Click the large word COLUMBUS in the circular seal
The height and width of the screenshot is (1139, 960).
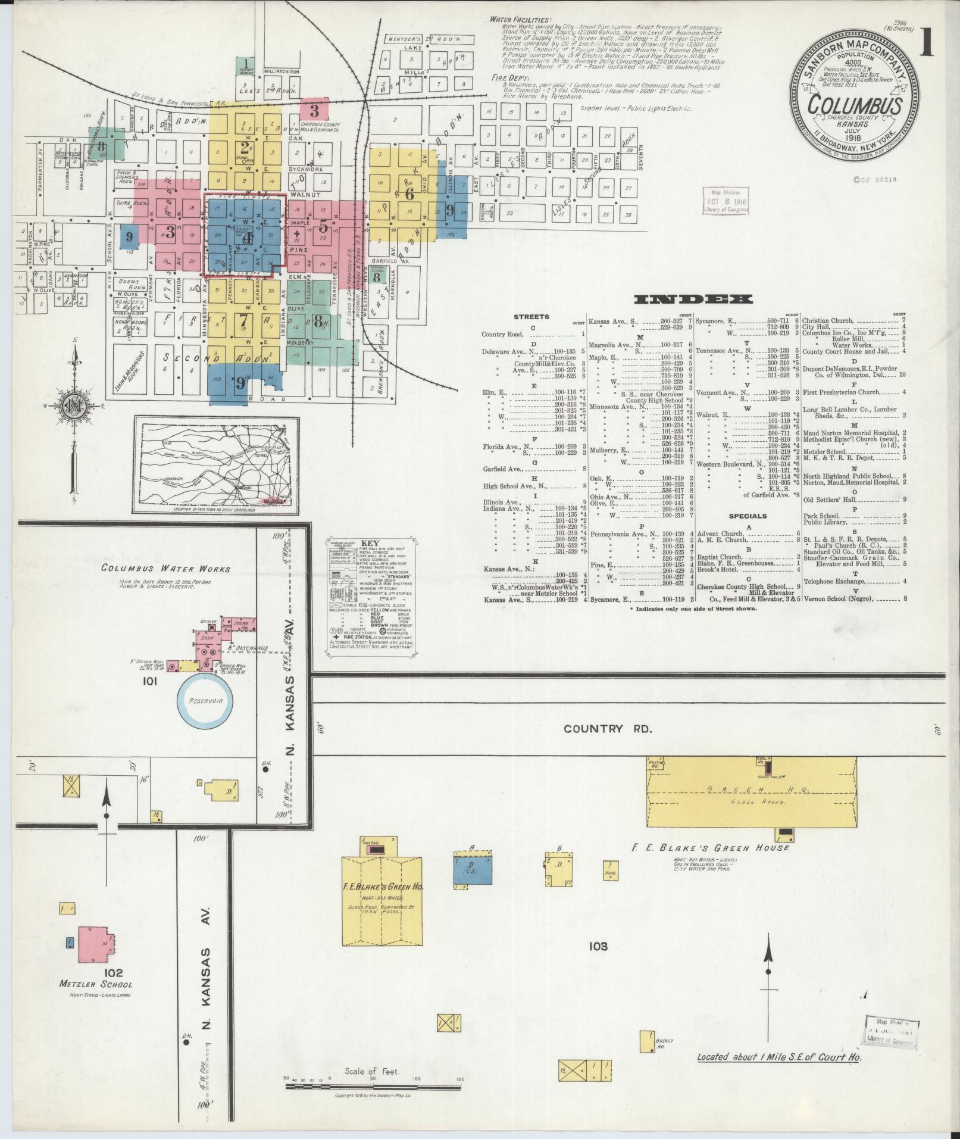click(855, 106)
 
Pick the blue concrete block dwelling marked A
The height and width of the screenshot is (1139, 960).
click(473, 873)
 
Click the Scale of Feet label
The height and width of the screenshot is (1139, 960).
click(372, 1071)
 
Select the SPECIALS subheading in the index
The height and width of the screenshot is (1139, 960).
click(748, 516)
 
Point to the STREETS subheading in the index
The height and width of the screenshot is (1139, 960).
click(532, 317)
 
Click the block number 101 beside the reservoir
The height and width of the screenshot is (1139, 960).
click(149, 682)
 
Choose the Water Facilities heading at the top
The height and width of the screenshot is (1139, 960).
click(520, 20)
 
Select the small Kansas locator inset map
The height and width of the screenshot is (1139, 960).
click(217, 464)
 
